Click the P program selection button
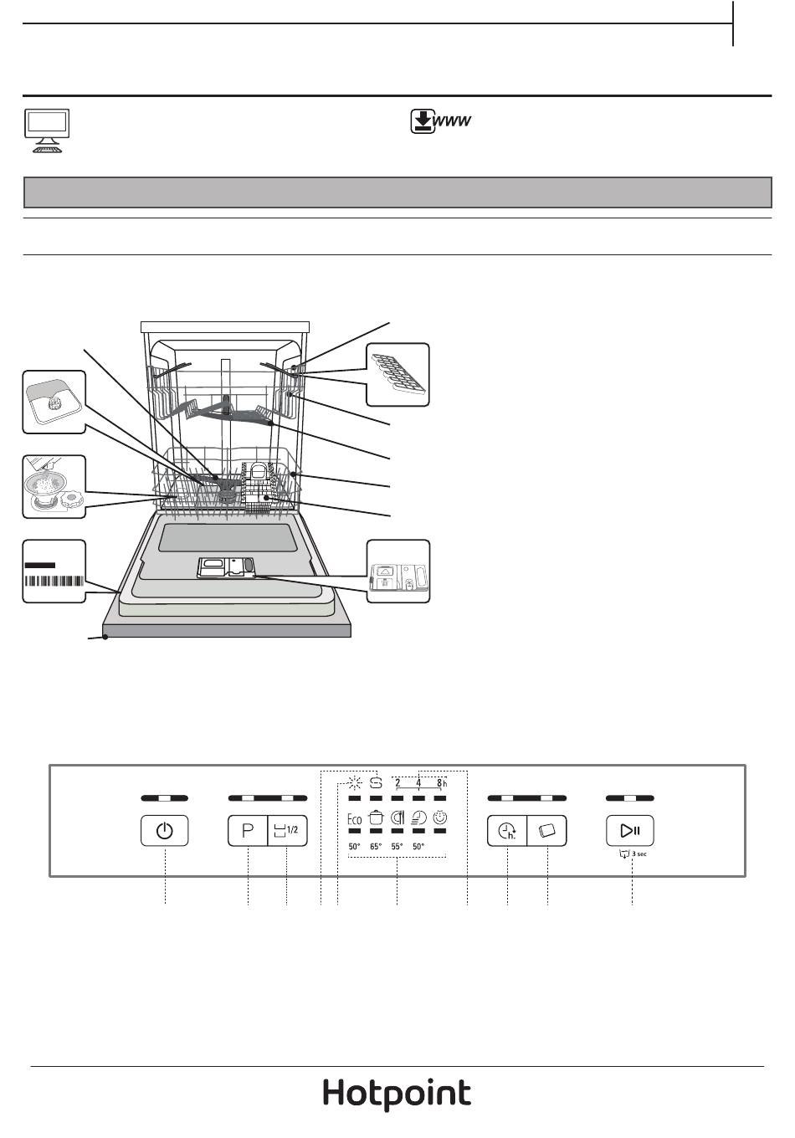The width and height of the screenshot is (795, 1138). [248, 831]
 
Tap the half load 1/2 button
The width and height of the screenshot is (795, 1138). [286, 831]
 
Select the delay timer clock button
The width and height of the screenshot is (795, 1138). [507, 831]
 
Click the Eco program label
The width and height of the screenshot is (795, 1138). [354, 819]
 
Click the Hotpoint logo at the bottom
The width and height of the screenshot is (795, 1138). [397, 1094]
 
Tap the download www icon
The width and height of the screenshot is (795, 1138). [441, 122]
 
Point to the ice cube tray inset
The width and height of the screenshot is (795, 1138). [398, 374]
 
